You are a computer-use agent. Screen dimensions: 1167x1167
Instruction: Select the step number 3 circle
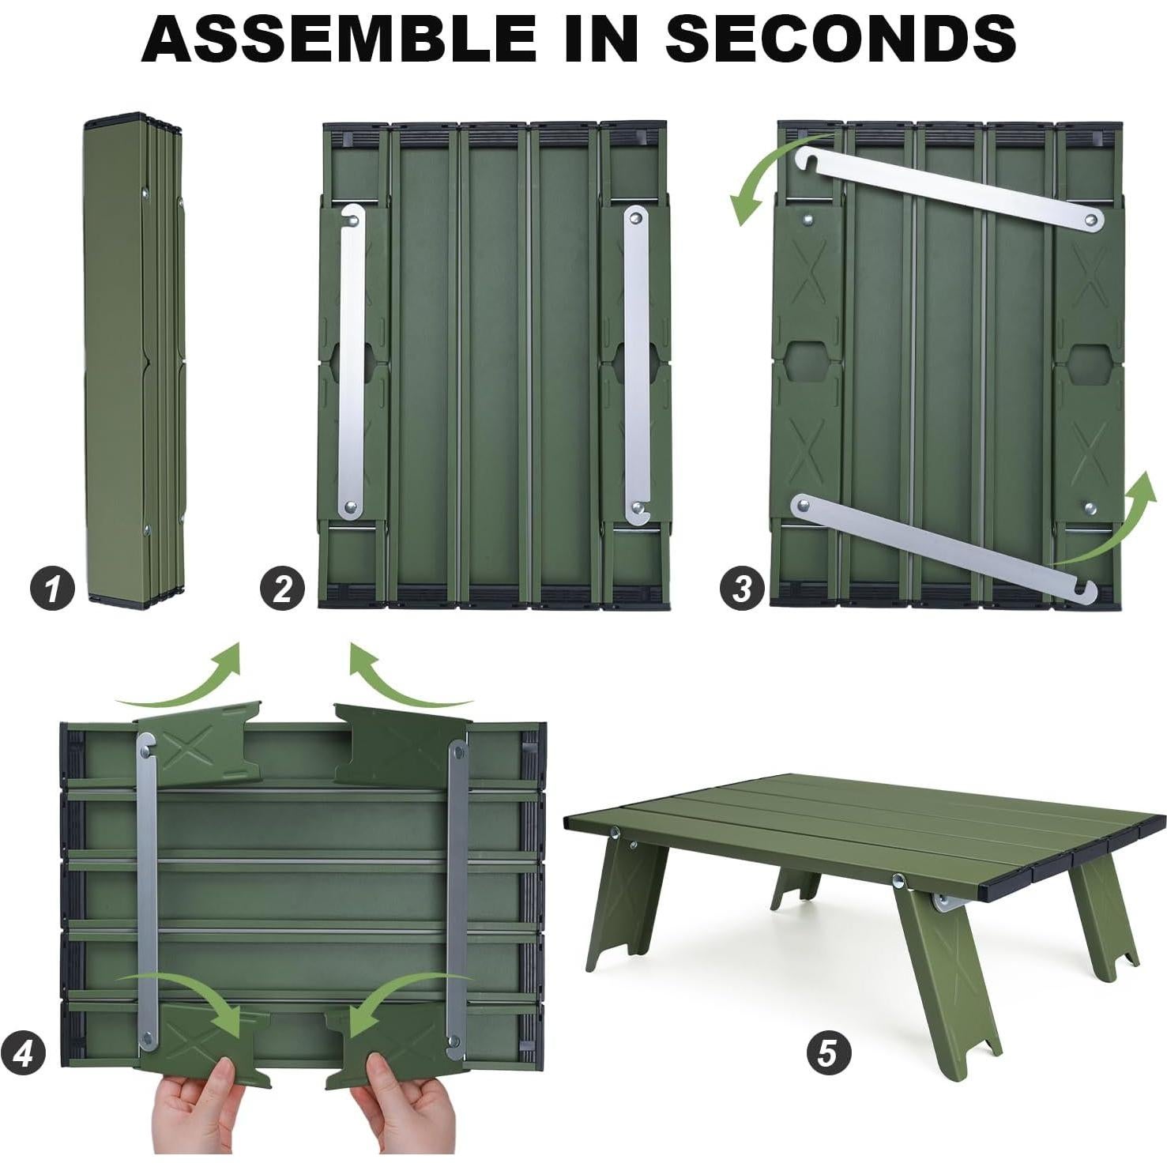tap(742, 589)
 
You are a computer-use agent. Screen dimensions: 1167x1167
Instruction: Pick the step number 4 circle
tap(23, 1053)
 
